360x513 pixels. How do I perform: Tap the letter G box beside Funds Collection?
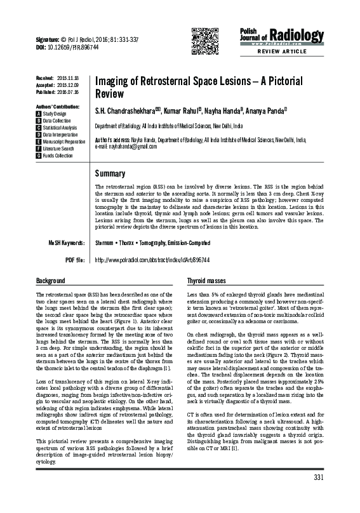pos(39,156)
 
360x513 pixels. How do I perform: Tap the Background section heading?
pos(51,280)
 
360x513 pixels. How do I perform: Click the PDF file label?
pos(74,260)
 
